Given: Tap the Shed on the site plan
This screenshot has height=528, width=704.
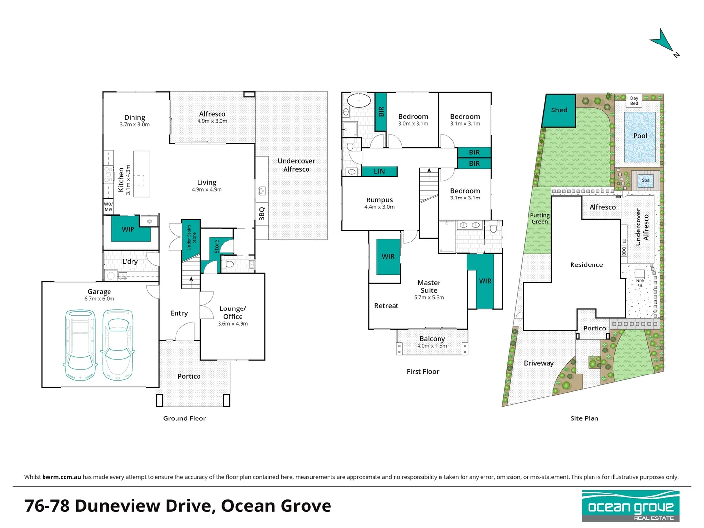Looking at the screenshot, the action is (x=559, y=110).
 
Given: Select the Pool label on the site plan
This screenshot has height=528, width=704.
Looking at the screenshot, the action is (x=640, y=136).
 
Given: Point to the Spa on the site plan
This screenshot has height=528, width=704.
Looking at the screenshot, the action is (x=646, y=180).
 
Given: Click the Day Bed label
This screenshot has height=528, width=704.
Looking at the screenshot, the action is (x=634, y=101).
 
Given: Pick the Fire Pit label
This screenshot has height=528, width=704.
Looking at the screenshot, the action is (x=639, y=283).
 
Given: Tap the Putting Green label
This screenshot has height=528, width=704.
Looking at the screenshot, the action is (x=539, y=219).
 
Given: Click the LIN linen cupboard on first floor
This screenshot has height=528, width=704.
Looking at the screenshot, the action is (x=379, y=171).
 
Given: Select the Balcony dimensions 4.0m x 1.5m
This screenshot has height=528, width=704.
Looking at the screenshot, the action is (x=432, y=346).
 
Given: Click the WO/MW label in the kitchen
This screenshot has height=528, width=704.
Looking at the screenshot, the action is (x=109, y=207).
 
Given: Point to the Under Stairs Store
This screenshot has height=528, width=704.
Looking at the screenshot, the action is (x=191, y=237).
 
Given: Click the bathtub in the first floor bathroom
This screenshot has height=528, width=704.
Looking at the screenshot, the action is (x=359, y=101).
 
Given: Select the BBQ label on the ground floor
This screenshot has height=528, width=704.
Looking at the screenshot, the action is (x=262, y=214).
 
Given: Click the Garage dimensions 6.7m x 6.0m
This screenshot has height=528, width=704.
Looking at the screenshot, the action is (x=99, y=298).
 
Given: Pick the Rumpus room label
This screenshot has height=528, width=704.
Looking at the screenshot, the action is (x=379, y=200).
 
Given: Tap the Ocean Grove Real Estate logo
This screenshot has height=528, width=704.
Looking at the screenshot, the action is (x=631, y=506).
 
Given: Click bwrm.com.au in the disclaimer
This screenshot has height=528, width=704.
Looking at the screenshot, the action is (x=61, y=477).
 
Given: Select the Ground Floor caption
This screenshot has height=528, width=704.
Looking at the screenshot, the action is (x=184, y=418).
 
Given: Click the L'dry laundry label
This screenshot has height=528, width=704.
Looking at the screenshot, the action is (x=130, y=261).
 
